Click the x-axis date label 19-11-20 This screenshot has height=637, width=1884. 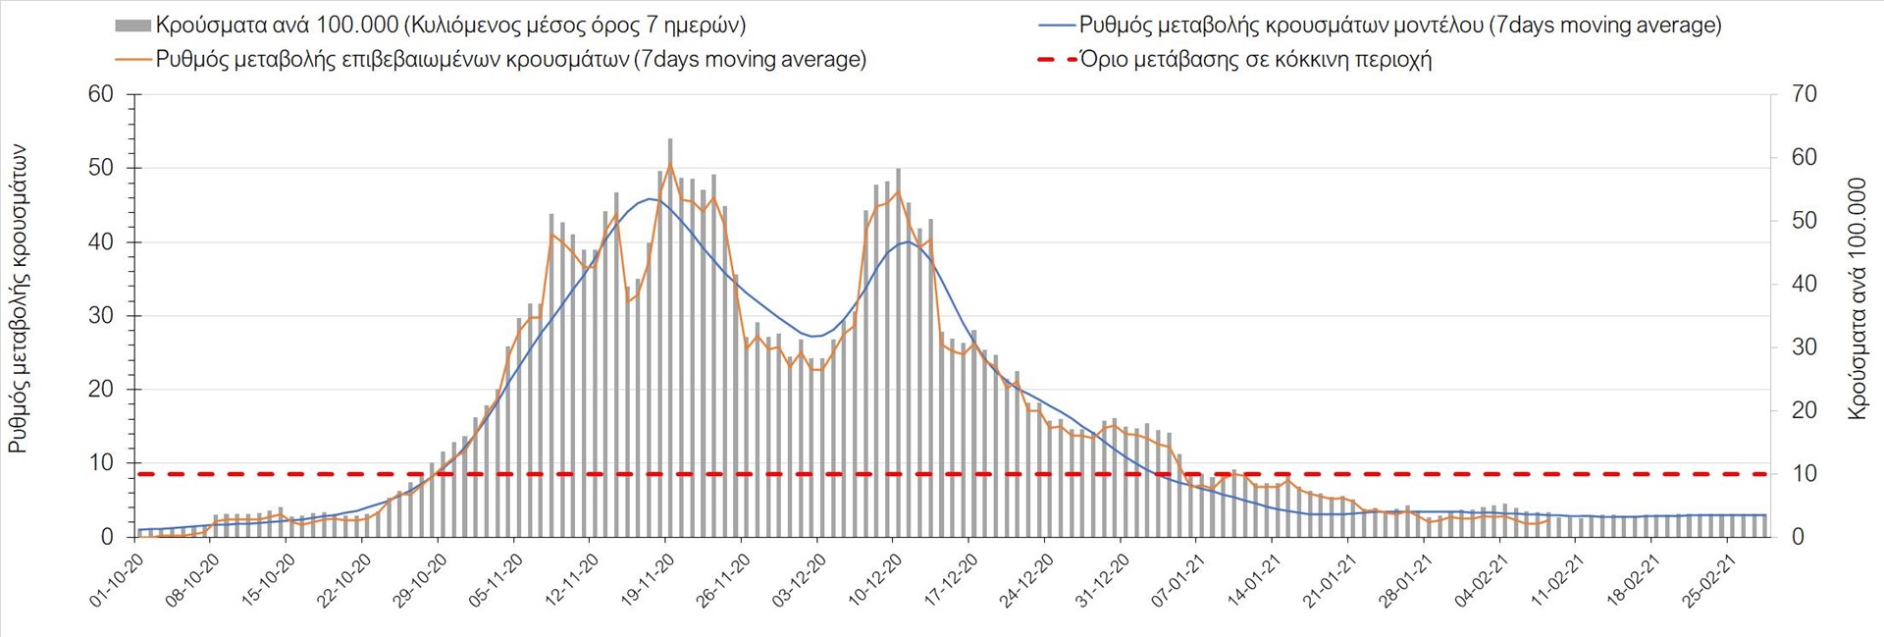click(649, 580)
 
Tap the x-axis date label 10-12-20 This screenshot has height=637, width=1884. click(876, 580)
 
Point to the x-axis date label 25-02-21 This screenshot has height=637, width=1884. click(1710, 580)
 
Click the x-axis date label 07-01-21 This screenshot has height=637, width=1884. click(1178, 580)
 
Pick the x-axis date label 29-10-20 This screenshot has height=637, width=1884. click(421, 580)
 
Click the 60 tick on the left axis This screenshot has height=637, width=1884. click(101, 94)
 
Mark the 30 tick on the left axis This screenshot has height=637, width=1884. click(101, 315)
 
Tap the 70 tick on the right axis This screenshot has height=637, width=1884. click(1805, 94)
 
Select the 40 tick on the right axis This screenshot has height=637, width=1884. click(1805, 284)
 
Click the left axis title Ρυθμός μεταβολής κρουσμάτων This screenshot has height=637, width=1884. click(18, 299)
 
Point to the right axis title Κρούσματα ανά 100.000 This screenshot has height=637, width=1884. click(1857, 299)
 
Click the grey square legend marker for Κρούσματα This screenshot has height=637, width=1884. click(132, 26)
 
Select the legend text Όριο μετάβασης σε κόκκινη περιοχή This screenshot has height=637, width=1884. click(1255, 59)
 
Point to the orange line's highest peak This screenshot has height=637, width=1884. click(670, 163)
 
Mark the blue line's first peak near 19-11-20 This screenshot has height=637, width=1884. click(651, 199)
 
